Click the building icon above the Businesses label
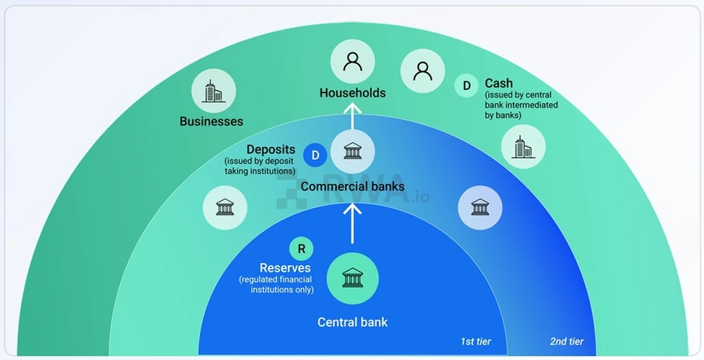213,91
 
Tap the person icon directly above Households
353,62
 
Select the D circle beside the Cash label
467,85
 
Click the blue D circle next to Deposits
315,155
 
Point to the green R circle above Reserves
301,249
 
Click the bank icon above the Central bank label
353,278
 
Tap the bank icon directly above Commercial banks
353,152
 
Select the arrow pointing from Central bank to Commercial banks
353,223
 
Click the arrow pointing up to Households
353,116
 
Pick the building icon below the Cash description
523,147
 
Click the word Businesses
212,121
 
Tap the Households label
353,93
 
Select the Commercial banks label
353,186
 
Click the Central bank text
353,322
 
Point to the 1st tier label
476,341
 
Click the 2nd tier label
566,341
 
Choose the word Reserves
285,268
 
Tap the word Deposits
271,150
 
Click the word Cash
499,84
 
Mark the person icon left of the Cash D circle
423,71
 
